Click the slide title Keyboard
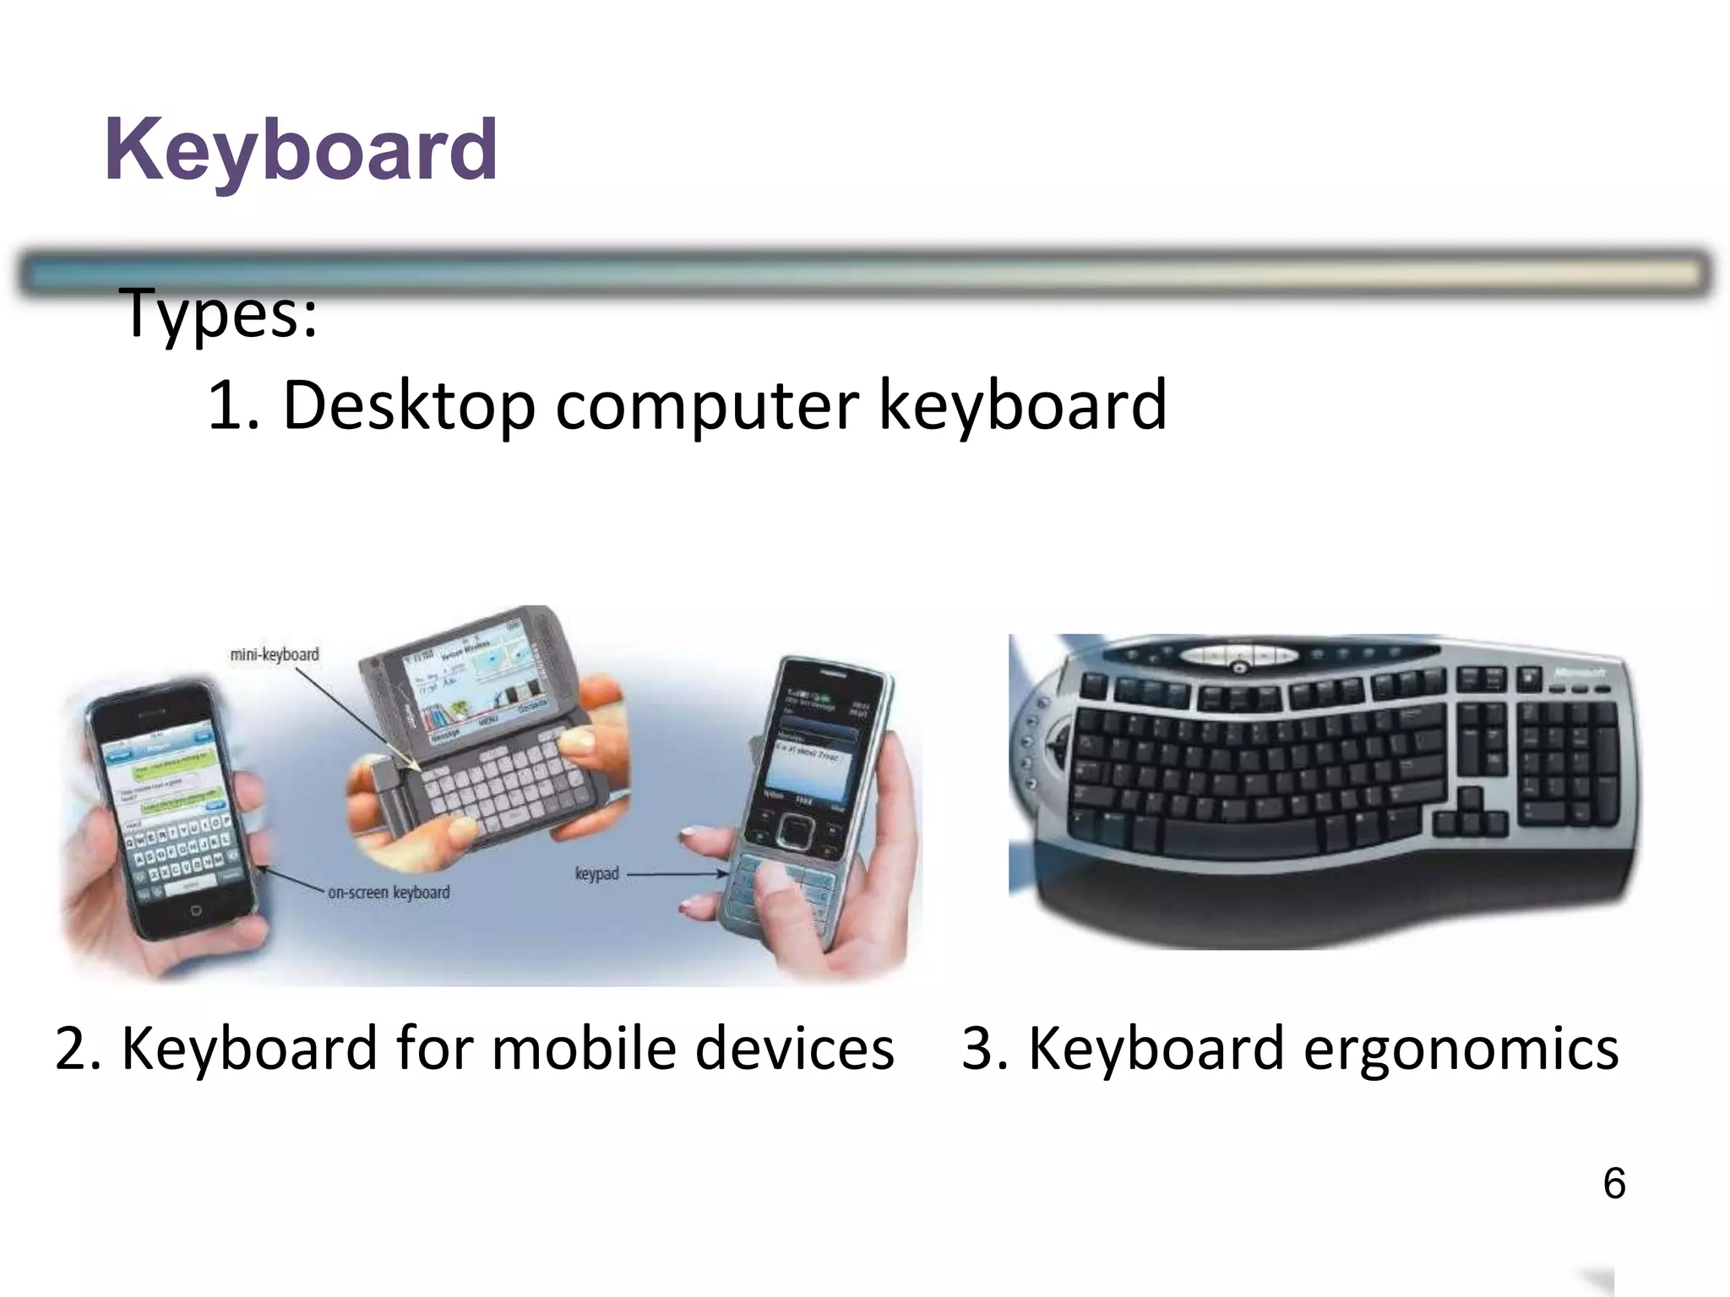point(301,150)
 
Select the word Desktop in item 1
point(409,406)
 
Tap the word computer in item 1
point(707,406)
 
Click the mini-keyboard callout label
point(275,654)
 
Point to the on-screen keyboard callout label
point(389,893)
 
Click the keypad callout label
point(596,873)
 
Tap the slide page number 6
point(1613,1184)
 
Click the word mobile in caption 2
point(584,1049)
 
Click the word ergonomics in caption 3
point(1461,1049)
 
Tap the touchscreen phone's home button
point(196,910)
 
